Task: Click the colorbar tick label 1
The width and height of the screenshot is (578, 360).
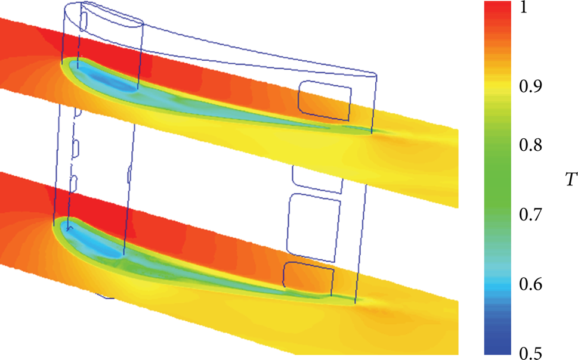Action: coord(524,8)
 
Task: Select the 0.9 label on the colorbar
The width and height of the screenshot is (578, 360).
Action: coord(531,86)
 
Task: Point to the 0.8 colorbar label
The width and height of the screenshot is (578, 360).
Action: coord(531,145)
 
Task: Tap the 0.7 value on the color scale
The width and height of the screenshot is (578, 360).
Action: coord(531,215)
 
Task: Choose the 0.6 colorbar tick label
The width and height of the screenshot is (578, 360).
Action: coord(531,284)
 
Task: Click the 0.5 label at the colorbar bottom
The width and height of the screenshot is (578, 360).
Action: coord(531,353)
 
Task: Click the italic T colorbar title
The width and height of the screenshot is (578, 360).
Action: coord(571,180)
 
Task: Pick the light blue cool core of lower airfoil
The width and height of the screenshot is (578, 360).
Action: coord(97,244)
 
